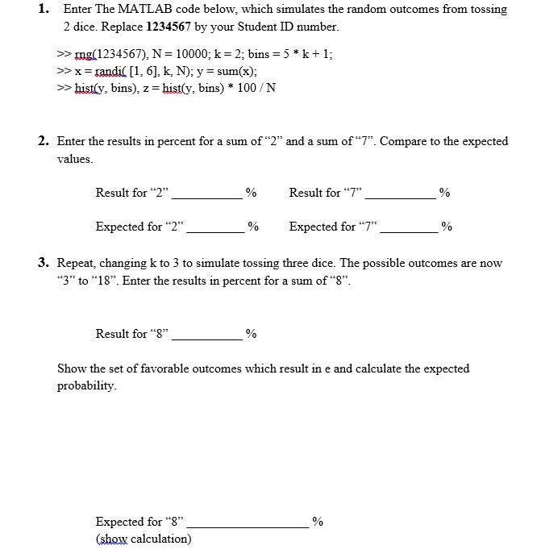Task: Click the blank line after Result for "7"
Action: (x=401, y=195)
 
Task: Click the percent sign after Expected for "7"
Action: (x=447, y=227)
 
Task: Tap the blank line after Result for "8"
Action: (x=206, y=336)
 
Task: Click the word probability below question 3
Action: (x=86, y=385)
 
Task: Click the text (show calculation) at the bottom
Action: (x=144, y=539)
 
